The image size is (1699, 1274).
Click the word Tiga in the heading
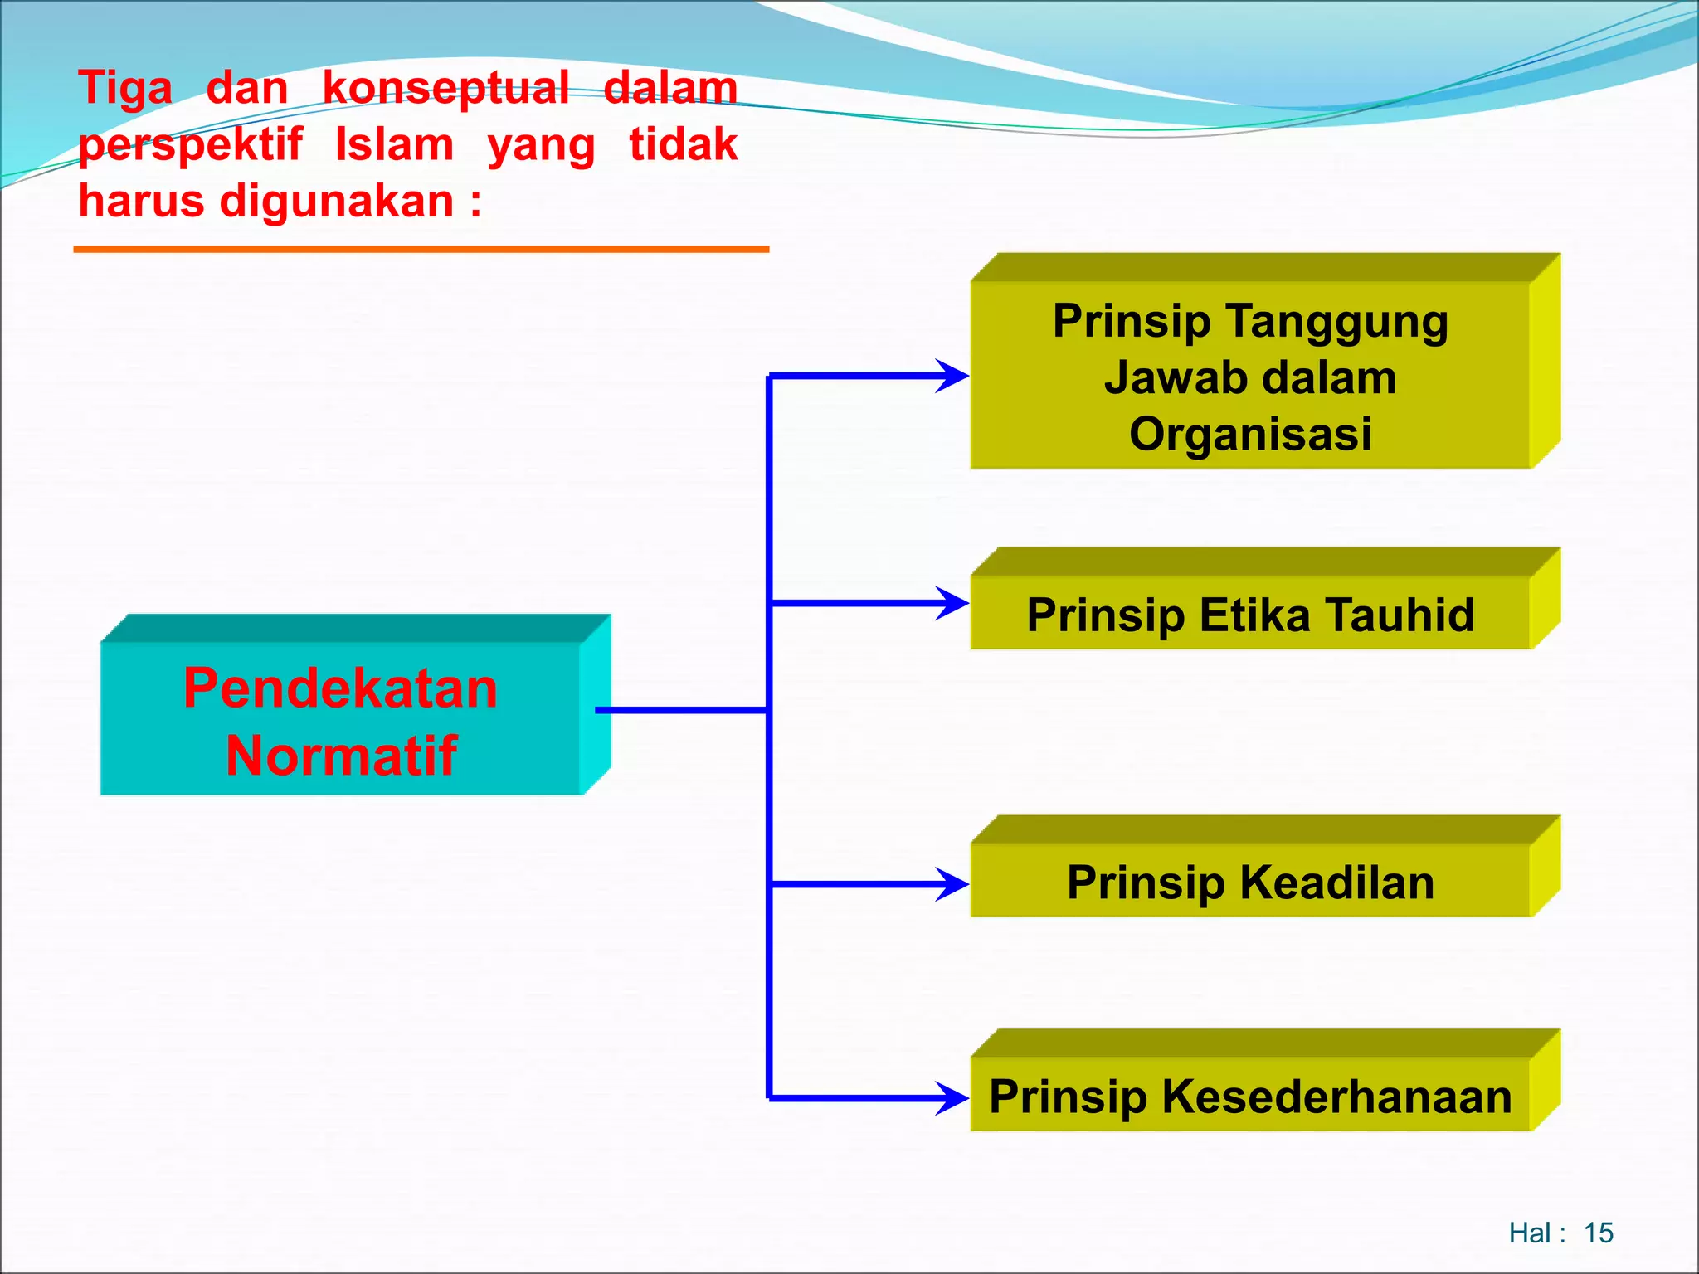125,89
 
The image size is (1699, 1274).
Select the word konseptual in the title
445,89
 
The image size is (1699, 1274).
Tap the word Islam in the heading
395,145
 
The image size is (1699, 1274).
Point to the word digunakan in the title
337,202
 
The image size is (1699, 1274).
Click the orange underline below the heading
421,249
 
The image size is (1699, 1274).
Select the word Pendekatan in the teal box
340,688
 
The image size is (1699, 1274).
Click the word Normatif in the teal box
341,756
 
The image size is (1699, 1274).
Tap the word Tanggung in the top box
1336,322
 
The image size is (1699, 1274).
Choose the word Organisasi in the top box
1250,434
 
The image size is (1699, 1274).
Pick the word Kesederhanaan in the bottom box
1336,1097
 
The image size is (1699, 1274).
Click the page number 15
1598,1233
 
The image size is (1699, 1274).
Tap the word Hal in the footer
1530,1233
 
